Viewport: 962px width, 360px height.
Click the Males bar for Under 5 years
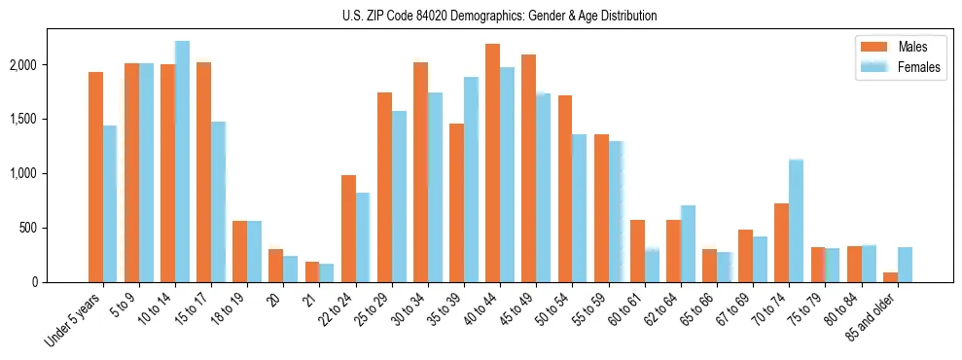point(95,177)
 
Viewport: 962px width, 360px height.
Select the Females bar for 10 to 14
point(182,162)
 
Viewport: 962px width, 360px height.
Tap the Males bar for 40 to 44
point(492,162)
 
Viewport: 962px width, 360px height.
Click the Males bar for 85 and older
point(890,277)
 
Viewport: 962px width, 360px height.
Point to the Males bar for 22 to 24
point(348,229)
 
